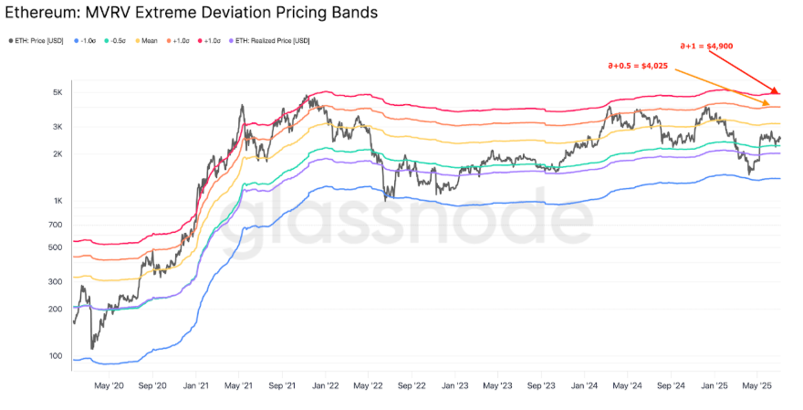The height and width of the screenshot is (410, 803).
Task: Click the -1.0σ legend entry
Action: click(x=85, y=40)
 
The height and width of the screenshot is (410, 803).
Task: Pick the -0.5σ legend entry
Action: click(x=119, y=40)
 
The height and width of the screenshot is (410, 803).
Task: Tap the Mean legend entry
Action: click(x=148, y=40)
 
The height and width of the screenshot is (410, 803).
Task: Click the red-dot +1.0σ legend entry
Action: click(x=213, y=40)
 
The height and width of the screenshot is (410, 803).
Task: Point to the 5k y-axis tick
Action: click(x=57, y=93)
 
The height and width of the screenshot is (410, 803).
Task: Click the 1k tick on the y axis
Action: click(x=57, y=201)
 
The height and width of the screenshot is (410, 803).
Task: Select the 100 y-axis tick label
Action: click(x=56, y=355)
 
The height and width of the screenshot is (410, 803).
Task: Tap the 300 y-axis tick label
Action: click(x=56, y=281)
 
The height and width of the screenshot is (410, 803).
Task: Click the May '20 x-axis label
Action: click(x=109, y=386)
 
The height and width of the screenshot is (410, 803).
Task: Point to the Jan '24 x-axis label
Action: click(x=586, y=386)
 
